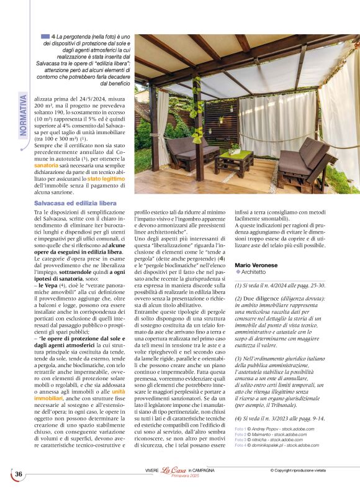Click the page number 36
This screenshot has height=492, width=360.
[19, 475]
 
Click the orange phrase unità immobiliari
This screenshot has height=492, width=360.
[118, 391]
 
